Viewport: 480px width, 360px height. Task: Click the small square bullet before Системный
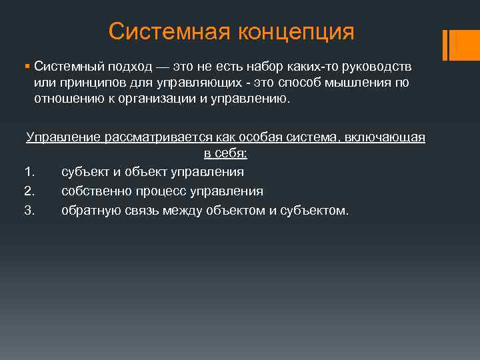click(x=27, y=67)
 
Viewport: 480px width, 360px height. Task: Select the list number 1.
click(x=28, y=172)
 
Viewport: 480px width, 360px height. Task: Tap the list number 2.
click(x=28, y=191)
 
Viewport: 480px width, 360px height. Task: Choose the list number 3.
click(x=28, y=211)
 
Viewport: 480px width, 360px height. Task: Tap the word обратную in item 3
click(x=89, y=211)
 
